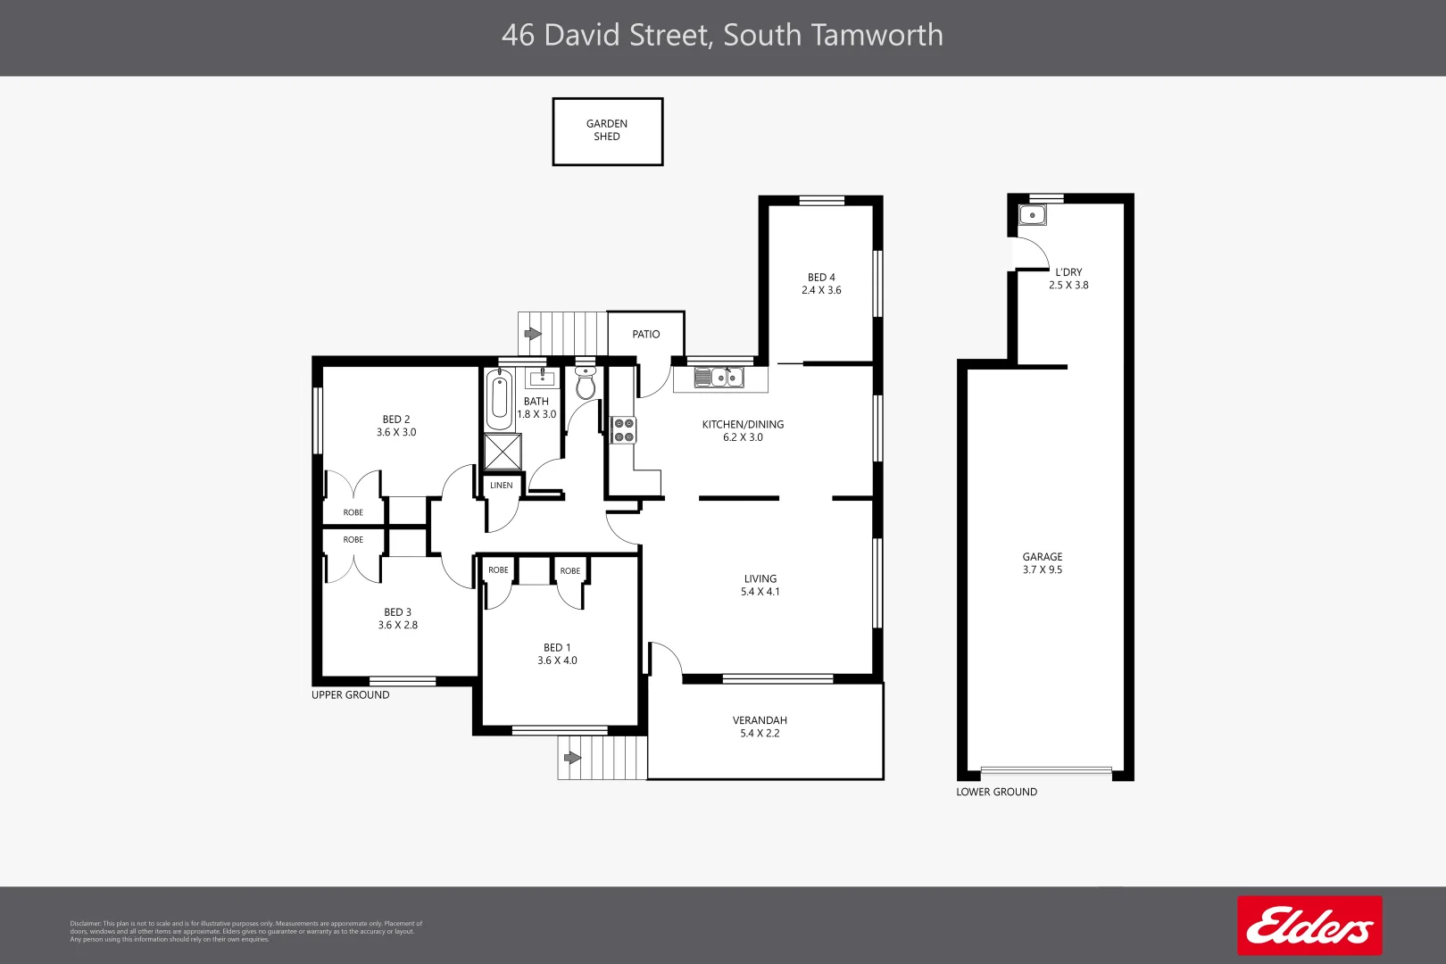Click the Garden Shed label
pyautogui.click(x=607, y=130)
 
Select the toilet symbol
pyautogui.click(x=586, y=384)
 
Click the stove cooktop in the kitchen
pyautogui.click(x=623, y=430)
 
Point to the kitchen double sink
pyautogui.click(x=719, y=378)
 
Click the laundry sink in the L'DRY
pyautogui.click(x=1033, y=215)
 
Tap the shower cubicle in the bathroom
pyautogui.click(x=503, y=452)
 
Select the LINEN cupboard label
pyautogui.click(x=502, y=486)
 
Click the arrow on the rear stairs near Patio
pyautogui.click(x=533, y=334)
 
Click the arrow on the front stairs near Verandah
pyautogui.click(x=572, y=758)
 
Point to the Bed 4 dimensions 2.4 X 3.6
pyautogui.click(x=821, y=290)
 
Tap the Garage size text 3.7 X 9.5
pyautogui.click(x=1043, y=569)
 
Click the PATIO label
pyautogui.click(x=646, y=335)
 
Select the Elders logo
pyautogui.click(x=1309, y=926)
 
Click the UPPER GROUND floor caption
pyautogui.click(x=350, y=695)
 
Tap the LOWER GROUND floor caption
pyautogui.click(x=996, y=792)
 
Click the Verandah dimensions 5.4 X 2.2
pyautogui.click(x=760, y=734)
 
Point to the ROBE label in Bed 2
pyautogui.click(x=353, y=512)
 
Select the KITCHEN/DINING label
pyautogui.click(x=743, y=425)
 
